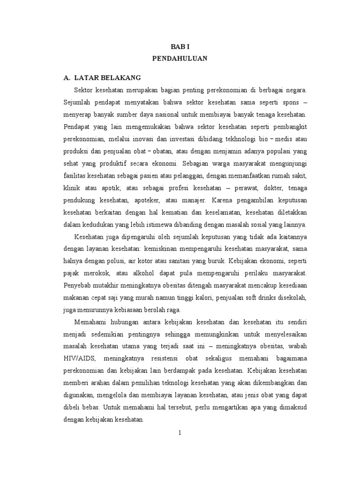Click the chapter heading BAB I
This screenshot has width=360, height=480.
(x=180, y=47)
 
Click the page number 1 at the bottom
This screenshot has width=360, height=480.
(x=180, y=433)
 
